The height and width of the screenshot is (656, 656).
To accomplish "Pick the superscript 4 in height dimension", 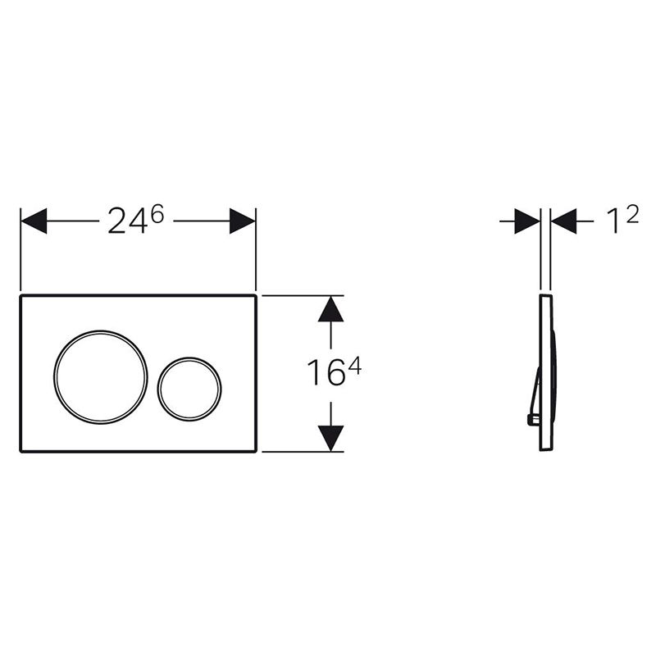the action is tap(354, 368).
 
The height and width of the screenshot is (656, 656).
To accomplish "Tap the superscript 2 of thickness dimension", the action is tap(632, 215).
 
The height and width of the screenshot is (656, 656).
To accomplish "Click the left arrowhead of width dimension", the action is tap(34, 221).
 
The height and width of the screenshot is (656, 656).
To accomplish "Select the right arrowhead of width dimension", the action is tap(243, 221).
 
